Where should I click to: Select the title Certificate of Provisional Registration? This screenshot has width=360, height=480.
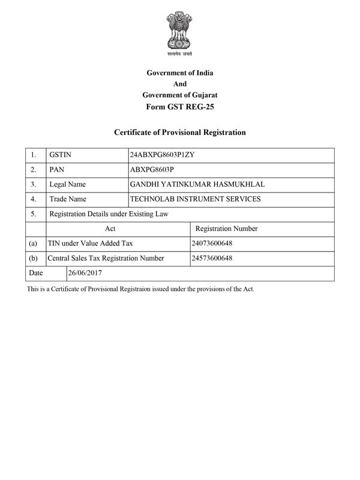(x=180, y=132)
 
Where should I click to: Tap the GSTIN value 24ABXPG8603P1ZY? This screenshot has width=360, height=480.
(x=162, y=155)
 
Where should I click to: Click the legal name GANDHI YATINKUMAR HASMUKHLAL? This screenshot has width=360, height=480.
(x=197, y=184)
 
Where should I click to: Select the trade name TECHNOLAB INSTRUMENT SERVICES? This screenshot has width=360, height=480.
(x=195, y=199)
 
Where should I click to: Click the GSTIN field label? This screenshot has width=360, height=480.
(x=61, y=155)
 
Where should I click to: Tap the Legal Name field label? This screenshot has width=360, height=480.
(x=67, y=184)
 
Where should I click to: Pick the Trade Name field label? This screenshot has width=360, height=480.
(x=68, y=199)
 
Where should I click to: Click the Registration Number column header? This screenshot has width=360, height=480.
(x=227, y=229)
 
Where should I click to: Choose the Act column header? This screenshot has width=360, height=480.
(x=110, y=229)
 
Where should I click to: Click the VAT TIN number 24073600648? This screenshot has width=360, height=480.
(x=212, y=244)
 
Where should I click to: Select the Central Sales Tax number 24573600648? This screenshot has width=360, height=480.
(x=212, y=258)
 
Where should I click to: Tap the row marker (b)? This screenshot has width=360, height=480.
(x=33, y=258)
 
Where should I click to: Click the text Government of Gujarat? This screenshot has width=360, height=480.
(x=180, y=95)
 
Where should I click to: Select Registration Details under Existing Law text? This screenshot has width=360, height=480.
(x=109, y=214)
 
